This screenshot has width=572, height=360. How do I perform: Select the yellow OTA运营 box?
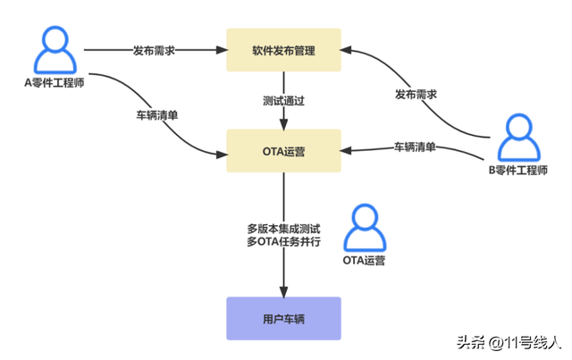coord(283,151)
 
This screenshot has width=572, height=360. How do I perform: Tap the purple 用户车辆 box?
coord(283,318)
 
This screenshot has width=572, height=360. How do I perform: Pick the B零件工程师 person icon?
coord(516,138)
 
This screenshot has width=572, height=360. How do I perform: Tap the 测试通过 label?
coord(283,101)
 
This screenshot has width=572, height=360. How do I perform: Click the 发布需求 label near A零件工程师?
coord(153,50)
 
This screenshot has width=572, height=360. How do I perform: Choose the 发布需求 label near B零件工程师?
coord(416,94)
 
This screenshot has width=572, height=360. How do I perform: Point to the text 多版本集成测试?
coord(283,226)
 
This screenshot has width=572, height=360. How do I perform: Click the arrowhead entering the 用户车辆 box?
coord(283,292)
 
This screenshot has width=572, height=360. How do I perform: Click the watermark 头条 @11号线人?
coord(508,342)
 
